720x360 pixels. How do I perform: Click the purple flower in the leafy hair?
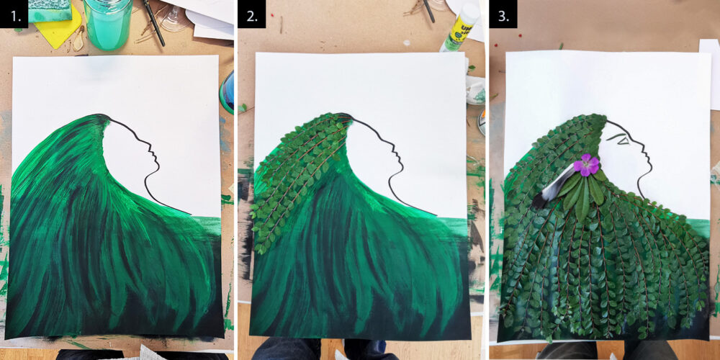586,166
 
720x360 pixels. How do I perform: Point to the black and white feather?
553,189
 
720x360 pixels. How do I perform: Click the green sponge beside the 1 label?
50,10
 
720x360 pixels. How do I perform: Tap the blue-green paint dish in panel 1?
228,93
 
